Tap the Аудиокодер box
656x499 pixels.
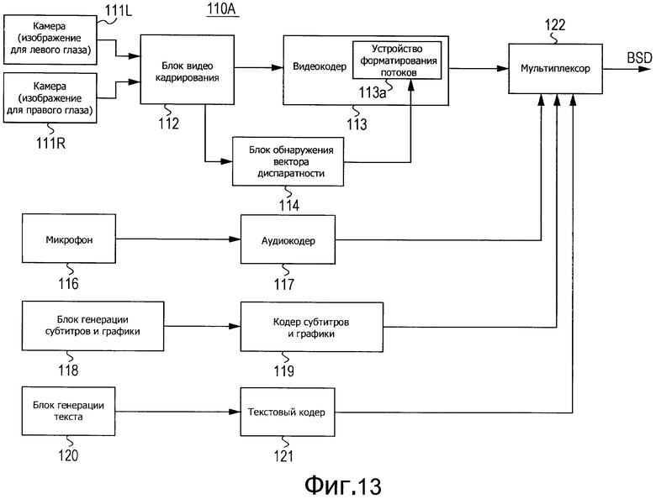[x=288, y=240]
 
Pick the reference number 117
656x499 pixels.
[x=283, y=284]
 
